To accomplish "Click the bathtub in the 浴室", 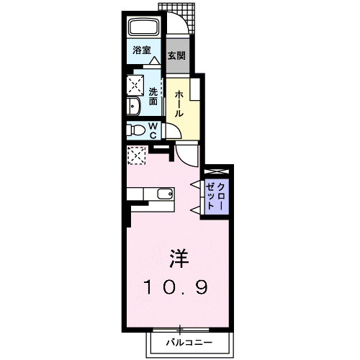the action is coord(143,27).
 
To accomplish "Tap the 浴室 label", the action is coord(142,50).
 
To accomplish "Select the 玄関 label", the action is coord(176,55).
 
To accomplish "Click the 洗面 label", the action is coord(153,96).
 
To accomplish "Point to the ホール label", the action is coord(179,104).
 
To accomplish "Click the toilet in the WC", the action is coord(136,130).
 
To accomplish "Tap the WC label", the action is coord(153,130).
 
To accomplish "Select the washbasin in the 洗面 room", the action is coord(133,107).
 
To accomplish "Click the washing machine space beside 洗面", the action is coord(135,85).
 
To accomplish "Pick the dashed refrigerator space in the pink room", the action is coord(136,156).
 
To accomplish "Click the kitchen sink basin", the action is coord(165,194).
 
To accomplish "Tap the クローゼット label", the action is coord(215,197).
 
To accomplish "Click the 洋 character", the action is coord(179,258).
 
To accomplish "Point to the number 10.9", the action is coord(176,287).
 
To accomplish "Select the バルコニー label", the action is coord(189,343).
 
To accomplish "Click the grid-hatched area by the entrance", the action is coord(181,17).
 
